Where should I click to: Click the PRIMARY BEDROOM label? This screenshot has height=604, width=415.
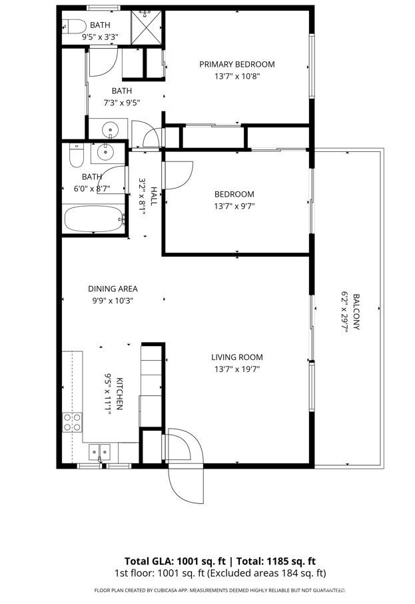click(x=237, y=64)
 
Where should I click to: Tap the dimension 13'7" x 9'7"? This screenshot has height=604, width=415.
click(x=234, y=206)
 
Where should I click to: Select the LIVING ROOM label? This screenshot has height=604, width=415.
click(x=237, y=357)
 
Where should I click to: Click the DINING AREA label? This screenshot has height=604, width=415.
click(x=113, y=289)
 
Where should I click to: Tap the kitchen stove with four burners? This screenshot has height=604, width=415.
click(x=72, y=421)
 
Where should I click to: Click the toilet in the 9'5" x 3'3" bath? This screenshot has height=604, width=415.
click(x=73, y=26)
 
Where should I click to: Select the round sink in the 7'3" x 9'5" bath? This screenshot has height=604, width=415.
click(x=103, y=129)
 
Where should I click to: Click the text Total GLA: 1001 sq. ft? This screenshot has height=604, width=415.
click(x=169, y=561)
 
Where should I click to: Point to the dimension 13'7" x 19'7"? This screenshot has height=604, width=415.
click(x=237, y=368)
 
